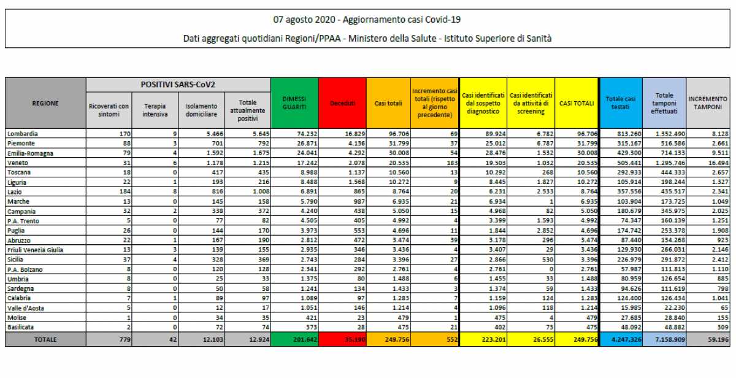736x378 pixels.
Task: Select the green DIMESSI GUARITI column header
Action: click(x=294, y=102)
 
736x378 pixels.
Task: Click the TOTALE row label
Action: click(x=45, y=339)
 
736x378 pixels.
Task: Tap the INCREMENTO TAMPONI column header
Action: click(x=708, y=102)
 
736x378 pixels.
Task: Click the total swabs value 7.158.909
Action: click(x=664, y=339)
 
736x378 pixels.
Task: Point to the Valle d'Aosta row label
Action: click(x=25, y=308)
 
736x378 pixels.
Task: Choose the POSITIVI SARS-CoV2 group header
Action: click(x=178, y=83)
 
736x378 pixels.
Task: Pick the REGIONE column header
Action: click(x=45, y=103)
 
